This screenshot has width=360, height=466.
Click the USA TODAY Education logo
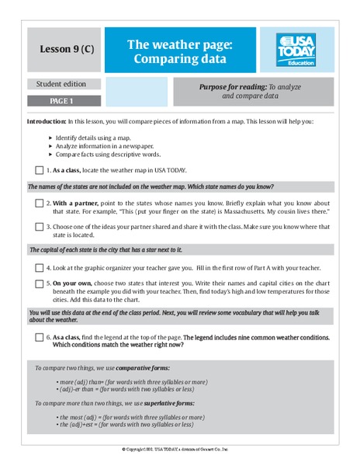(297, 50)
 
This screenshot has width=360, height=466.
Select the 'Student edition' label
(64, 84)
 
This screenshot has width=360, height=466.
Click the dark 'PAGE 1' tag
(64, 101)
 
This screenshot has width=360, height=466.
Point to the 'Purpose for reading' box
(254, 92)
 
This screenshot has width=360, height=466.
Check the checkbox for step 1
(39, 170)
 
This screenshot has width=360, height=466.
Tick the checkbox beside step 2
(39, 203)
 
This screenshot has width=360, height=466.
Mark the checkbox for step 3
(39, 227)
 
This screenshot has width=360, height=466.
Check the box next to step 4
(39, 266)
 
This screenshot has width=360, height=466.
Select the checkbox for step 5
(39, 283)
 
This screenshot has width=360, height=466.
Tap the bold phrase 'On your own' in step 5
(74, 283)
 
